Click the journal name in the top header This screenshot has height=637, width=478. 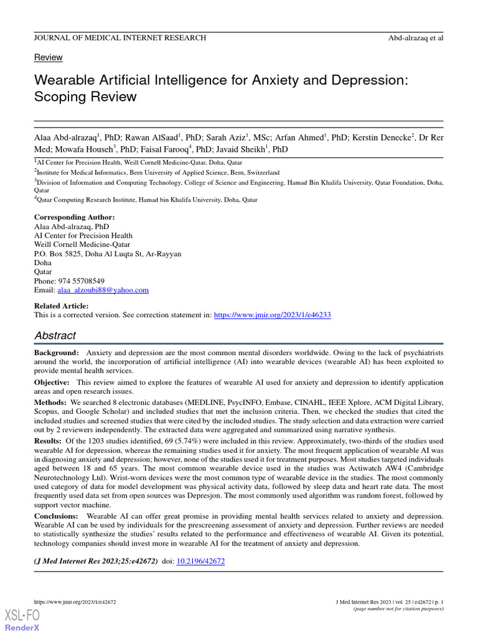(119, 38)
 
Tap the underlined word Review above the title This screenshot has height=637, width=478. (48, 57)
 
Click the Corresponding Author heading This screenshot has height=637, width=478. (74, 217)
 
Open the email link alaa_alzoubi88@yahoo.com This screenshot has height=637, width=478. (103, 291)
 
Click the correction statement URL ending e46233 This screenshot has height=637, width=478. (272, 315)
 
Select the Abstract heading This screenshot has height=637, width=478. (55, 336)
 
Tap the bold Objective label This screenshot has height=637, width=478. (52, 383)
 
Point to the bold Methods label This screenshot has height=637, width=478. (50, 403)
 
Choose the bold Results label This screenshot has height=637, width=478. (49, 440)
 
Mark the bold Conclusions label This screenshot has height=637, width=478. (56, 516)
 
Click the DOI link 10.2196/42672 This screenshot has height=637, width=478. (201, 560)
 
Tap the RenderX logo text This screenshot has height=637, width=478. (22, 628)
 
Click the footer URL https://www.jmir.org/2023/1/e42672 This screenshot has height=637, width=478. (74, 602)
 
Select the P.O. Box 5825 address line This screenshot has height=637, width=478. (107, 254)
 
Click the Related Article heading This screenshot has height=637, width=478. (61, 306)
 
